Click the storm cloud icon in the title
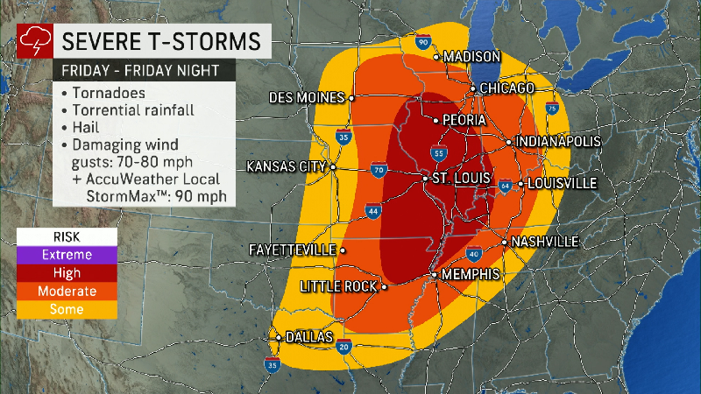(32, 40)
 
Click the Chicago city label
(507, 88)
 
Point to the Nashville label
(545, 242)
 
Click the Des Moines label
(307, 97)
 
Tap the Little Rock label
(338, 286)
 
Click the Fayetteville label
(293, 250)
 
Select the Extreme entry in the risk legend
(67, 255)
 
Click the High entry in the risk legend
(67, 273)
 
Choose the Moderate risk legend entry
(67, 292)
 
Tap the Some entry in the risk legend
(67, 309)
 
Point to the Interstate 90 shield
(423, 41)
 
